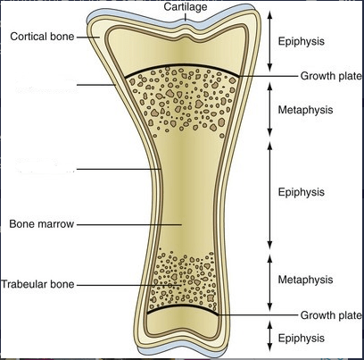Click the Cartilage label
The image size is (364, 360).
click(x=186, y=7)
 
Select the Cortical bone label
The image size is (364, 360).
click(x=42, y=37)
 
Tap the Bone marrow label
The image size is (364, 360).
click(x=41, y=224)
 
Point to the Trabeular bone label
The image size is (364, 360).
click(x=37, y=284)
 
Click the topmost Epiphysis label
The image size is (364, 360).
click(x=301, y=41)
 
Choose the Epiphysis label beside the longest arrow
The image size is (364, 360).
click(x=301, y=192)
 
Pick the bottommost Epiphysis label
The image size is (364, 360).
click(x=301, y=339)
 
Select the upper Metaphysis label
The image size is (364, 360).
click(x=305, y=110)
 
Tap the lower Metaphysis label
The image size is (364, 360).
click(x=305, y=280)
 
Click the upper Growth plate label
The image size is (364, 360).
click(x=331, y=76)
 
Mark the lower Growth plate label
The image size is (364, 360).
click(x=331, y=315)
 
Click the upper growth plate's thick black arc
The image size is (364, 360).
click(x=182, y=66)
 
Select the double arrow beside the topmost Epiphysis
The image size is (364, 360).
click(x=269, y=41)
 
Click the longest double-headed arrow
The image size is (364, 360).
click(x=269, y=195)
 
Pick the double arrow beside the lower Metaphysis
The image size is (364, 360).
click(x=269, y=282)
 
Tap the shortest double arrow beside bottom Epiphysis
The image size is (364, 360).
click(x=269, y=336)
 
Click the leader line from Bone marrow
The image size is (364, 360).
click(x=129, y=224)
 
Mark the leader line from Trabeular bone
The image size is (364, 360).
click(x=128, y=285)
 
